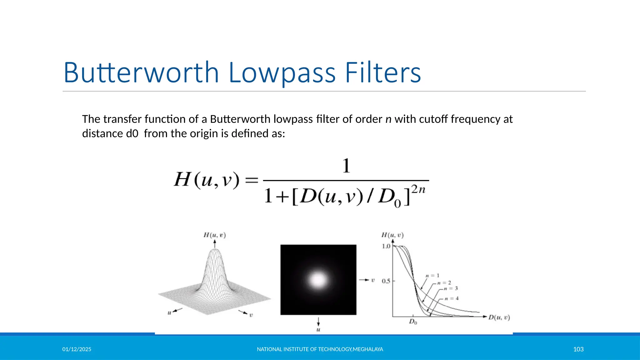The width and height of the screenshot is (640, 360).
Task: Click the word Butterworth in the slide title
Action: tap(141, 73)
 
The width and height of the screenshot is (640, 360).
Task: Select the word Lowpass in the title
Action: tap(282, 73)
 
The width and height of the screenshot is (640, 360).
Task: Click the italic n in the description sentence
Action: tap(388, 119)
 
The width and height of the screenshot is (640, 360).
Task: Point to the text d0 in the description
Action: tap(132, 134)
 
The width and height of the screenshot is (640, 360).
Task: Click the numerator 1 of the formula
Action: tap(346, 166)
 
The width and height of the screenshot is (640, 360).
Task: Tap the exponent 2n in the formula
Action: tap(418, 190)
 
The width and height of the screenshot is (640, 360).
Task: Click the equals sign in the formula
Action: tap(252, 180)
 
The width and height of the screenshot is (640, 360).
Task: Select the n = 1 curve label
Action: tap(432, 276)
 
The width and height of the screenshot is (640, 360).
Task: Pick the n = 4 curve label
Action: tap(452, 298)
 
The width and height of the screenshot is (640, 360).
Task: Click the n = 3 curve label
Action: tap(451, 288)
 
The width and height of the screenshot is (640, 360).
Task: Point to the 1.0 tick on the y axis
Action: tap(386, 246)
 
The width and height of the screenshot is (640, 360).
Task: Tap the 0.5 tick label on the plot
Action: tap(386, 281)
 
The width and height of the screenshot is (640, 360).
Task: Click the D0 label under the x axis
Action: tap(413, 322)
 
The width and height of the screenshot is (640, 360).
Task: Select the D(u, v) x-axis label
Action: tap(499, 317)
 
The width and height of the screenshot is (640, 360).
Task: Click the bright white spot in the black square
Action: tap(318, 280)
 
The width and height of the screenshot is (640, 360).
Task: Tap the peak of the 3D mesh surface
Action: tap(215, 250)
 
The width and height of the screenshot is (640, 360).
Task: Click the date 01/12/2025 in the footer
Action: tap(77, 349)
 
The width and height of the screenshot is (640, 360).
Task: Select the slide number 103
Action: tap(578, 349)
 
